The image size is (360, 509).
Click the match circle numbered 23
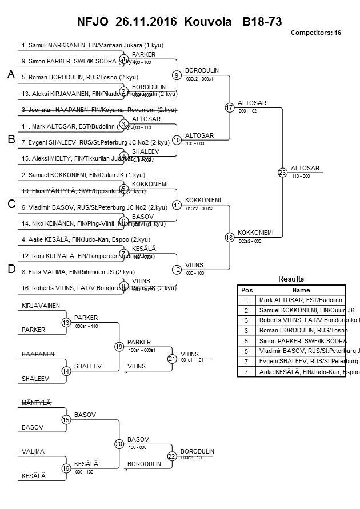pyautogui.click(x=282, y=172)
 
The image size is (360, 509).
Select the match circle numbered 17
pyautogui.click(x=230, y=107)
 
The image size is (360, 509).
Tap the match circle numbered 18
pyautogui.click(x=230, y=237)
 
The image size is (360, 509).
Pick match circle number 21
pyautogui.click(x=172, y=359)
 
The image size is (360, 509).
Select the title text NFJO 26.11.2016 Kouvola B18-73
pyautogui.click(x=179, y=22)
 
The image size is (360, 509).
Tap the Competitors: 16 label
pyautogui.click(x=315, y=33)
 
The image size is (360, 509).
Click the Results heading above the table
pyautogui.click(x=291, y=279)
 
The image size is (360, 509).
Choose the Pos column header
pyautogui.click(x=246, y=290)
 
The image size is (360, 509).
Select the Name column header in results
pyautogui.click(x=301, y=290)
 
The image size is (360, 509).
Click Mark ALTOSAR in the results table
pyautogui.click(x=301, y=299)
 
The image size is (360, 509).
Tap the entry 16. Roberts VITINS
pyautogui.click(x=98, y=288)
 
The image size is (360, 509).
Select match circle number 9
pyautogui.click(x=177, y=75)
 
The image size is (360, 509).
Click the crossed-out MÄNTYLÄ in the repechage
pyautogui.click(x=37, y=403)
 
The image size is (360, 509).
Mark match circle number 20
pyautogui.click(x=119, y=443)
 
